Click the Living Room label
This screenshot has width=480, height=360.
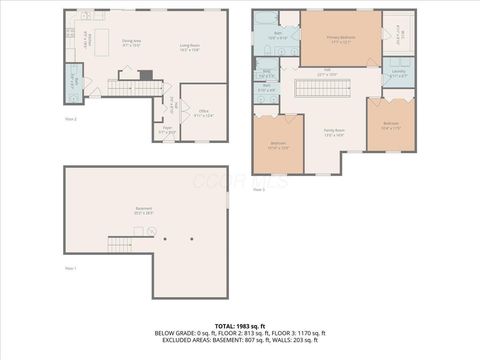[188, 46]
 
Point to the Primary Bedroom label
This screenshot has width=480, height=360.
[340, 40]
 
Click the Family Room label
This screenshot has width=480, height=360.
[333, 131]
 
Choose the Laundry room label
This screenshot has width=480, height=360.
[397, 73]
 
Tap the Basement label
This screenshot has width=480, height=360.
[145, 211]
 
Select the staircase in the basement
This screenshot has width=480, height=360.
[120, 243]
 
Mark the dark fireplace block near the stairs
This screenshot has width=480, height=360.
[146, 75]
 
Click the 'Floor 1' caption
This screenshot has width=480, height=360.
[71, 269]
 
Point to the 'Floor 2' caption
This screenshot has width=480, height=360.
[71, 118]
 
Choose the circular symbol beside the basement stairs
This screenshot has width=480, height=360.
[151, 231]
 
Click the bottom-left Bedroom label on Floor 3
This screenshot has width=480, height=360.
[277, 145]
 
